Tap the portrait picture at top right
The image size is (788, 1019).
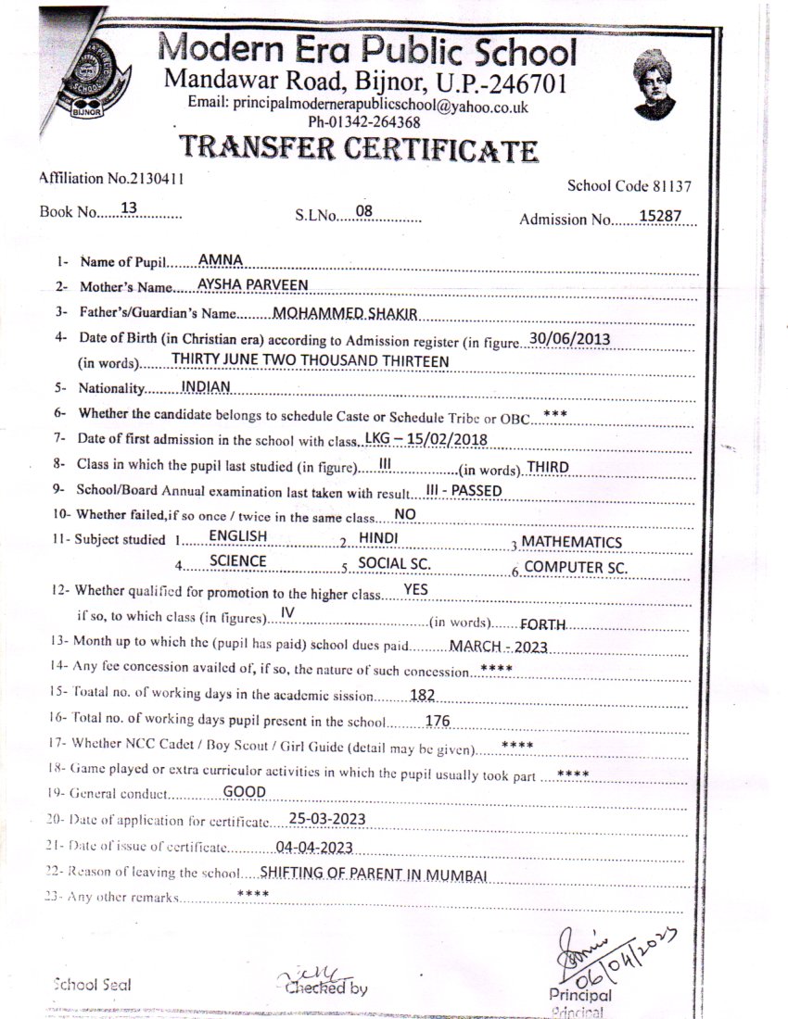pyautogui.click(x=655, y=84)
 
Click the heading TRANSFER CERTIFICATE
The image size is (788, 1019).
pyautogui.click(x=358, y=148)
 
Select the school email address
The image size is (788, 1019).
pyautogui.click(x=358, y=106)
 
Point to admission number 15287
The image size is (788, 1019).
pyautogui.click(x=661, y=216)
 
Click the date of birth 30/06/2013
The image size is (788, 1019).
pyautogui.click(x=570, y=338)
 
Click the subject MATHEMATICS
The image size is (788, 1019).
pyautogui.click(x=571, y=542)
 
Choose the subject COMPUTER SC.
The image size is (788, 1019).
pyautogui.click(x=576, y=567)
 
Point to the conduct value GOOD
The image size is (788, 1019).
pyautogui.click(x=245, y=792)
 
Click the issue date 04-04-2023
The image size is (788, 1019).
pyautogui.click(x=314, y=846)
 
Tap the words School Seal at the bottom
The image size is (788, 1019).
pyautogui.click(x=92, y=985)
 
